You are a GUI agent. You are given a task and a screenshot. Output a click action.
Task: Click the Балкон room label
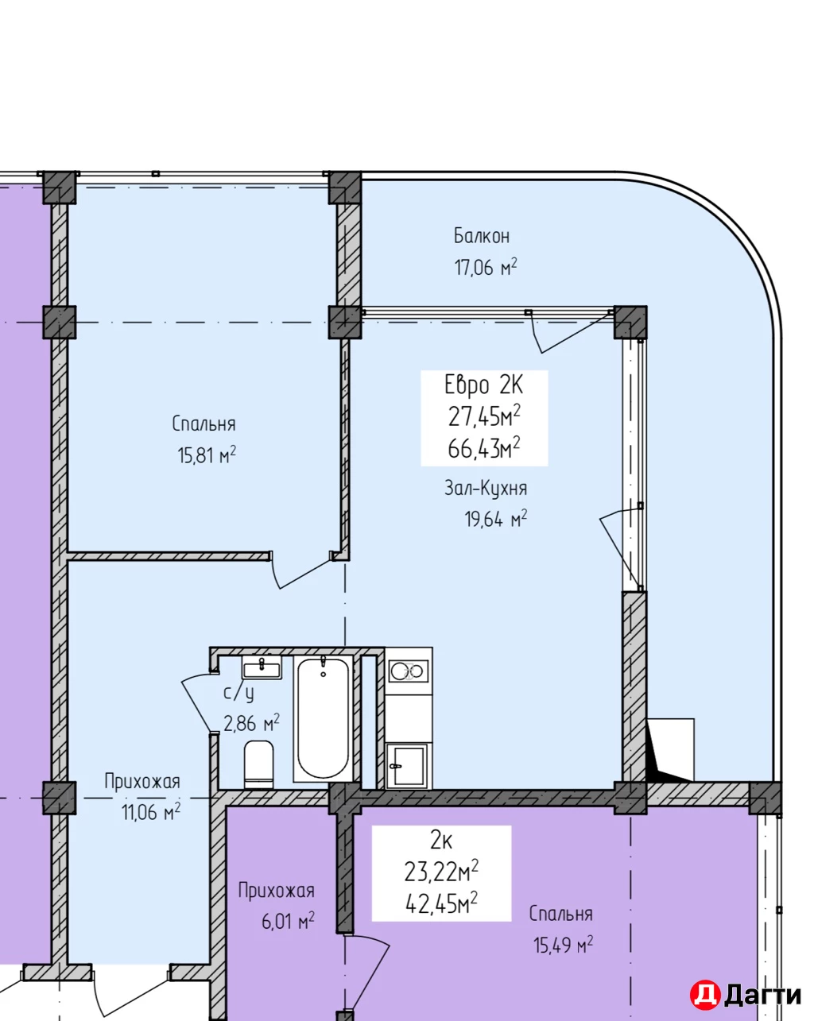tap(482, 236)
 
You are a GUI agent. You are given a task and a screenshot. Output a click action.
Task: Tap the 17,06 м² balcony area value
tap(485, 268)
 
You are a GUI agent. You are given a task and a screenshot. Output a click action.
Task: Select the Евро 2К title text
tap(483, 385)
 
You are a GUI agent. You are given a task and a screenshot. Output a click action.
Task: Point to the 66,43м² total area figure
tap(483, 449)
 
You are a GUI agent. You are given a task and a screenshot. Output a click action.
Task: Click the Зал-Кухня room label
tap(485, 488)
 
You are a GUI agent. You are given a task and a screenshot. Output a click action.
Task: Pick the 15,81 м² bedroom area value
tap(207, 456)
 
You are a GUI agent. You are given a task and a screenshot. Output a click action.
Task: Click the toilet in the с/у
tap(258, 764)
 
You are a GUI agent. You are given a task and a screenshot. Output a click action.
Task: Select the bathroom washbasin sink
tap(262, 669)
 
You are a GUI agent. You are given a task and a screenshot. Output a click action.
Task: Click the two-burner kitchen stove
tap(409, 671)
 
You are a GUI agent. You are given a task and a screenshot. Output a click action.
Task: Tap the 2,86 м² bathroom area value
tap(251, 724)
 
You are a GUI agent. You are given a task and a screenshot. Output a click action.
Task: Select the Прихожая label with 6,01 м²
tap(276, 891)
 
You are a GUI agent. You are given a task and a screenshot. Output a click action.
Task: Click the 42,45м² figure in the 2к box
tap(441, 903)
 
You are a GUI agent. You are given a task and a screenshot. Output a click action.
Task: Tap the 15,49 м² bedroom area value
tap(563, 946)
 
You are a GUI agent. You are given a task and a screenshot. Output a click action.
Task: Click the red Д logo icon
tap(704, 995)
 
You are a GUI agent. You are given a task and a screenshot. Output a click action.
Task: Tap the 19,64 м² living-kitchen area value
tap(495, 520)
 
